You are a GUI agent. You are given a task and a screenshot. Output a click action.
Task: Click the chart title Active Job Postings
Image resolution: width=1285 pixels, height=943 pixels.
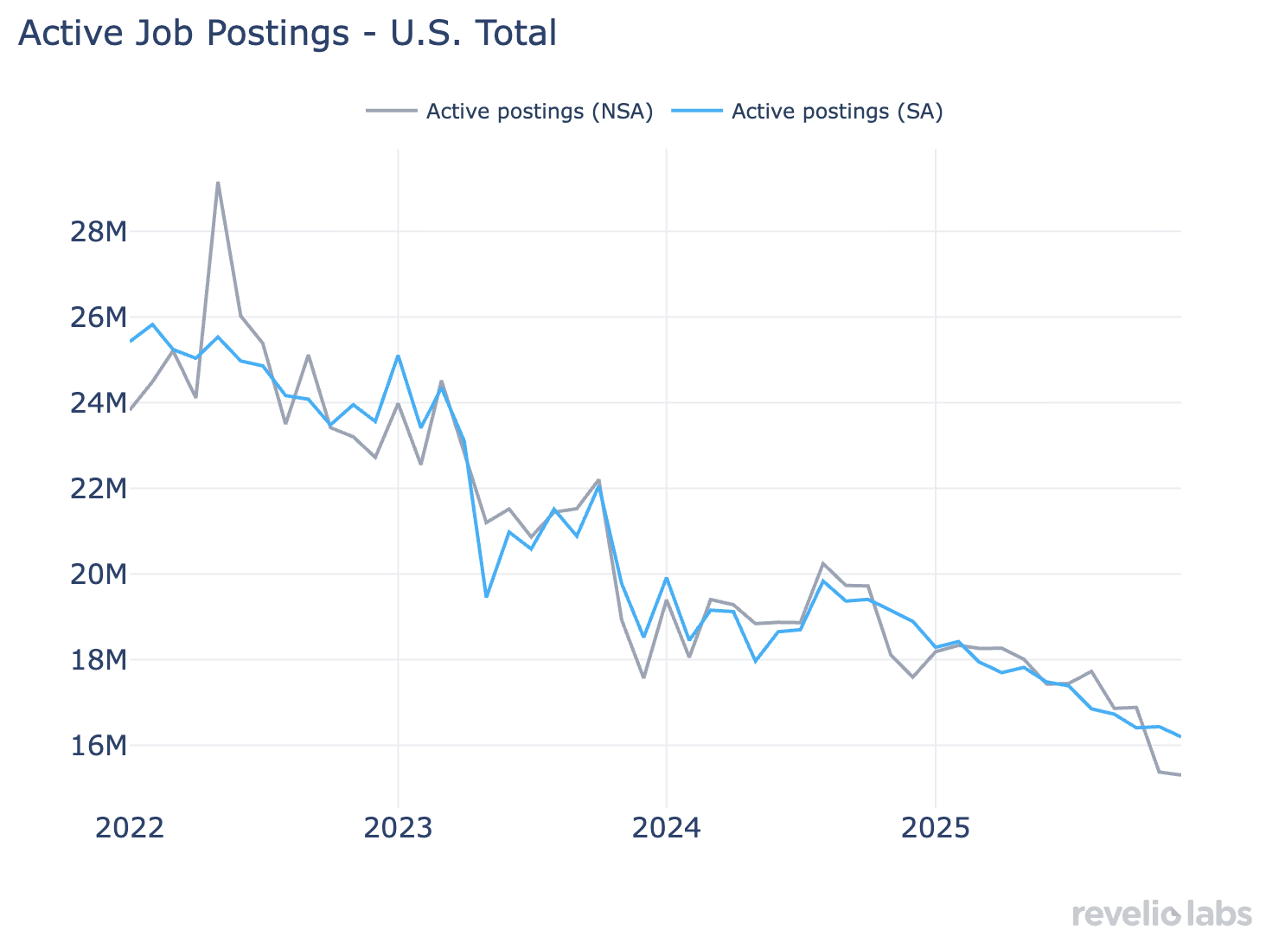[x=287, y=34]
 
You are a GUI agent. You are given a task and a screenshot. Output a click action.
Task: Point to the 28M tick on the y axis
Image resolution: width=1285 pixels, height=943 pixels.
[x=98, y=232]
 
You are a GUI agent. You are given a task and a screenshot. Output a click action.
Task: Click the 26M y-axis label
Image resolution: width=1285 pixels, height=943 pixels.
[x=98, y=318]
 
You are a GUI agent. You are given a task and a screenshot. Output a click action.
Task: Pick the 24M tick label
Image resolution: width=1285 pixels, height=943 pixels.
[x=98, y=403]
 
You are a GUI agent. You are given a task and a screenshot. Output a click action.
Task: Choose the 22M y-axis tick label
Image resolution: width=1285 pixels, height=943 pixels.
[x=98, y=489]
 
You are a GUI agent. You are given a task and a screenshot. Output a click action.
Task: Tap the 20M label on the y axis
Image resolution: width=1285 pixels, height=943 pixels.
[x=98, y=574]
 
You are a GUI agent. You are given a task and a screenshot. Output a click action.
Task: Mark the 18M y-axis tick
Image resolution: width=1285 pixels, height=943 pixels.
[x=98, y=660]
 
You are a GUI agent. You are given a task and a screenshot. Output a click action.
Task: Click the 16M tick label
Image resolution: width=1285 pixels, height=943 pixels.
[x=98, y=746]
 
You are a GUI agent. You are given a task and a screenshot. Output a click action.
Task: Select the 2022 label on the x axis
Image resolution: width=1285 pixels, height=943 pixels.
[x=130, y=828]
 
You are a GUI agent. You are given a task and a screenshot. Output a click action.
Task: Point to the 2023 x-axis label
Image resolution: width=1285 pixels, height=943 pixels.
[x=398, y=828]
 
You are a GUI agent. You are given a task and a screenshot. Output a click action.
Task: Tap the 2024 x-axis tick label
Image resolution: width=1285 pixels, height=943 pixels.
[x=667, y=828]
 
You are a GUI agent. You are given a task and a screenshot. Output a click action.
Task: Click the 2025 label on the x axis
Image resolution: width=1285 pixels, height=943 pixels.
[x=936, y=828]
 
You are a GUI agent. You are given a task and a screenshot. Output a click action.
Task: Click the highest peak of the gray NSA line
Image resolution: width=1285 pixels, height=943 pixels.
[x=218, y=183]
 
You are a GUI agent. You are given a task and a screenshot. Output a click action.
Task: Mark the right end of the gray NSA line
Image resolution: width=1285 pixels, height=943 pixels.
[x=1180, y=774]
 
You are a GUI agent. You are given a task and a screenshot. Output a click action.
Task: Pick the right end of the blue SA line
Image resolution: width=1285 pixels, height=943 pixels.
[x=1180, y=736]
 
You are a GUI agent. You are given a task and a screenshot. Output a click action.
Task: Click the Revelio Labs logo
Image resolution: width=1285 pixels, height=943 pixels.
[x=1161, y=914]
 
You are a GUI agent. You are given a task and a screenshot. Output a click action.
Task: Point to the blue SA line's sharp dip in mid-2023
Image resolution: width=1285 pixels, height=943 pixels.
[x=487, y=596]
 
